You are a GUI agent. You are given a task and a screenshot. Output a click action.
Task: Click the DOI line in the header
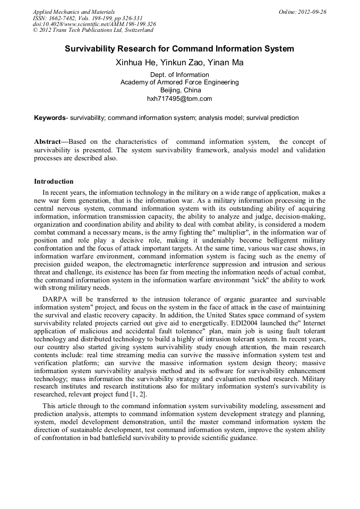pos(94,24)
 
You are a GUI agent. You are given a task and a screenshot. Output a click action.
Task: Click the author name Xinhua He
pos(133,63)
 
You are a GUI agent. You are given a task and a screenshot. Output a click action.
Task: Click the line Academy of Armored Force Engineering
pos(179,82)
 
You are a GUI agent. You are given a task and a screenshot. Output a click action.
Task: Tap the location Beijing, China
pos(179,90)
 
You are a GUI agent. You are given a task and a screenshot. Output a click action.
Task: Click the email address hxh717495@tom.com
pos(179,99)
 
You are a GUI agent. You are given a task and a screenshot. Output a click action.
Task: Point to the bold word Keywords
pos(49,118)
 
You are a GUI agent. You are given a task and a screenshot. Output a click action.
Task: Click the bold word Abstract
pos(47,142)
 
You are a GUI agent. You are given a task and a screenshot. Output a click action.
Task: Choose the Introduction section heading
pos(54,182)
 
